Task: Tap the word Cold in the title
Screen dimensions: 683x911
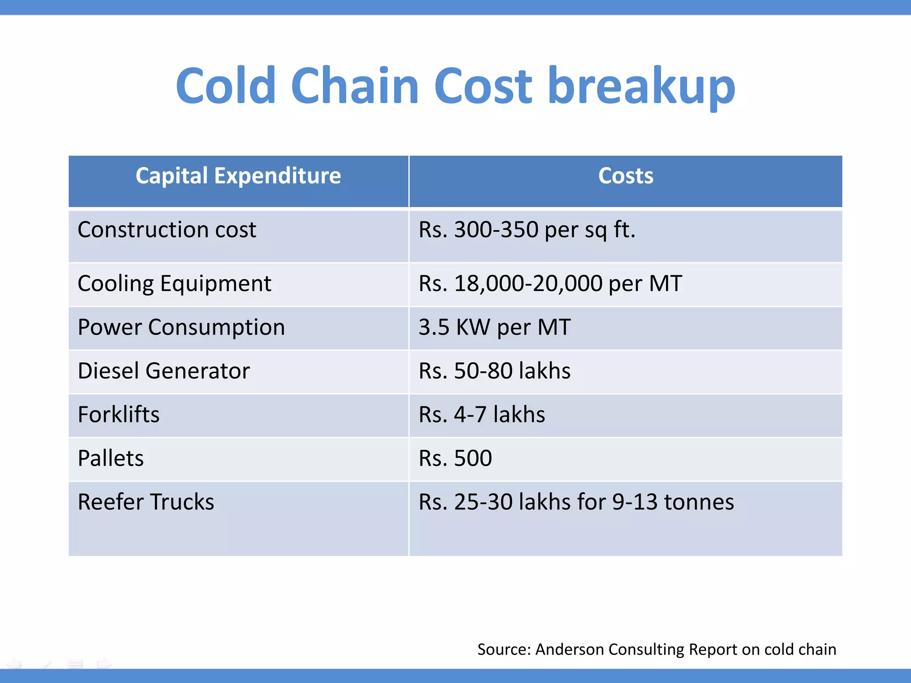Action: coord(226,86)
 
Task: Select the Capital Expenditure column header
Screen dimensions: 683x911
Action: coord(238,176)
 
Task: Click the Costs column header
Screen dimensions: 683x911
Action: coord(625,176)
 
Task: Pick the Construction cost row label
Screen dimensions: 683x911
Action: coord(167,230)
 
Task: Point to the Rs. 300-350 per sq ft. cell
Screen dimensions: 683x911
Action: coord(527,230)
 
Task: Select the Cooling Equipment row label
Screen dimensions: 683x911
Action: coord(174,284)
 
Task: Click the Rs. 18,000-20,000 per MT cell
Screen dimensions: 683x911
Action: coord(550,284)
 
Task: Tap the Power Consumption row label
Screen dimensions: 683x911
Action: coord(181,328)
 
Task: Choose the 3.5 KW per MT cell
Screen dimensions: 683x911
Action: coord(494,328)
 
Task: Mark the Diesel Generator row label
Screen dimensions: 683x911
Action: coord(164,371)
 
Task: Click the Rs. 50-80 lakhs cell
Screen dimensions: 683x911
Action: coord(494,371)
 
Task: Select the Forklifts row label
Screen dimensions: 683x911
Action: coord(118,414)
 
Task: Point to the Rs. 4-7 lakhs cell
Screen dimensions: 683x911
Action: coord(482,414)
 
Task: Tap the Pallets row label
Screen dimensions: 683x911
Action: coord(111,458)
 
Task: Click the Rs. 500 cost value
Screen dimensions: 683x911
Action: coord(455,458)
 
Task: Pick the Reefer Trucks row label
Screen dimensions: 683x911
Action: coord(146,502)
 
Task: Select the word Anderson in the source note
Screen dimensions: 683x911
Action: coord(569,649)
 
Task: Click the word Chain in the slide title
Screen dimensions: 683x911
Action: coord(355,86)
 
